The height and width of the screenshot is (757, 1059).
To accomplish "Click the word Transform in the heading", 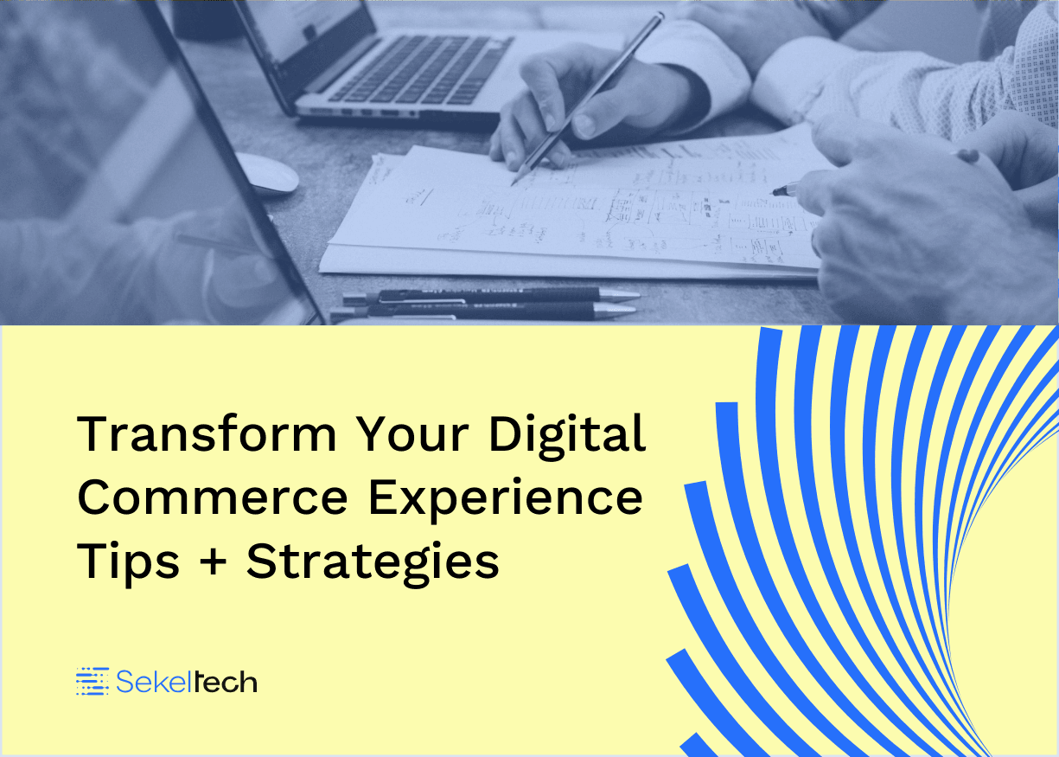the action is pyautogui.click(x=207, y=433).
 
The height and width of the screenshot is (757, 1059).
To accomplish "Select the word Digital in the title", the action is pyautogui.click(x=567, y=437).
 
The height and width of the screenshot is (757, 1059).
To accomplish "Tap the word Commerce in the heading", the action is pyautogui.click(x=213, y=497).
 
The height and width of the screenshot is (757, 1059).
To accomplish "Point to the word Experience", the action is pyautogui.click(x=506, y=501).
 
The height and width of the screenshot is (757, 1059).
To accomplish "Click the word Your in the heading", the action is pyautogui.click(x=411, y=433).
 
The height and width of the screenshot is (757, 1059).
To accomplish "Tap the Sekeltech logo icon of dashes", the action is pyautogui.click(x=93, y=682).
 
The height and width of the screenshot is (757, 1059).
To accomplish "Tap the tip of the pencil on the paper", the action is pyautogui.click(x=513, y=184).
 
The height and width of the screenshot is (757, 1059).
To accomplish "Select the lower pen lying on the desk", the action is pyautogui.click(x=483, y=311).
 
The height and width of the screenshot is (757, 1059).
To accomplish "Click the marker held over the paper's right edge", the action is pyautogui.click(x=785, y=189).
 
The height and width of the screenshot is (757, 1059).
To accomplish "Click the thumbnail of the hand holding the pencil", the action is pyautogui.click(x=584, y=125).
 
